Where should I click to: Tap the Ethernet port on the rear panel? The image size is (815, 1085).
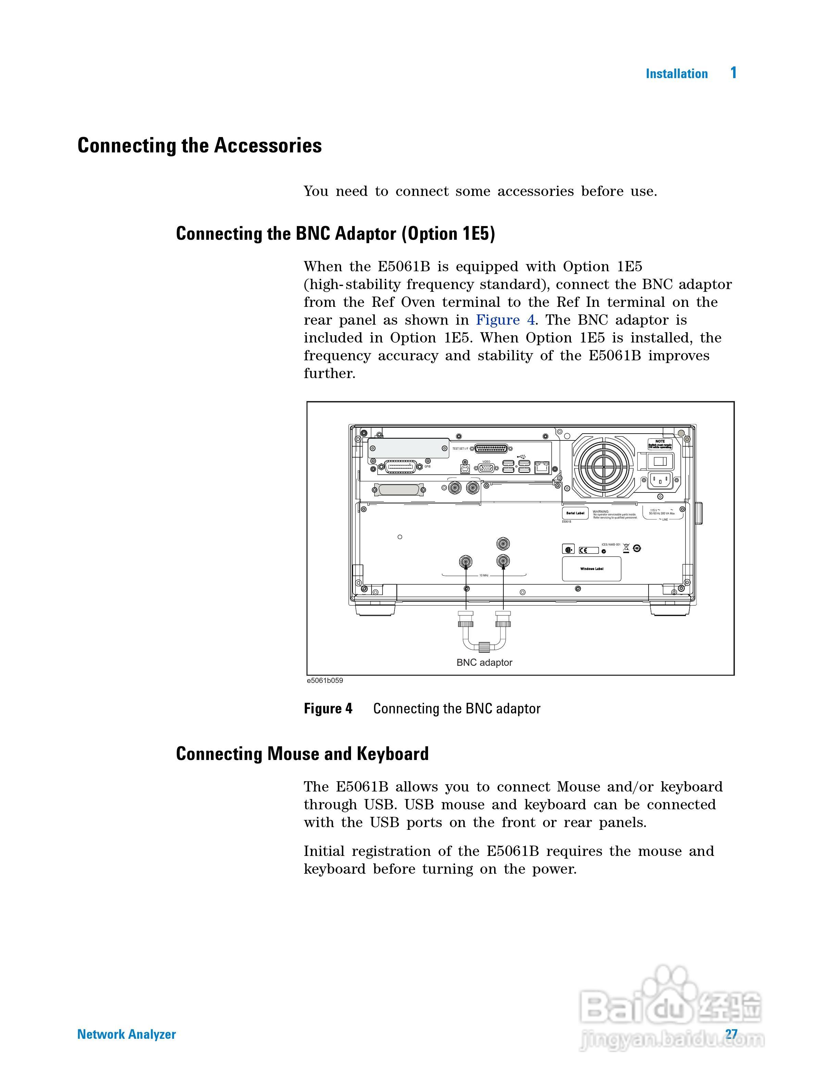541,466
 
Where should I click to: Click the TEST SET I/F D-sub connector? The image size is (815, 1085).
491,449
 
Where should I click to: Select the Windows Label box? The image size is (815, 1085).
591,569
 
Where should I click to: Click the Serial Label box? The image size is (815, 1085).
575,513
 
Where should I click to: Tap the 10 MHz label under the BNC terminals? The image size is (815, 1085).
484,575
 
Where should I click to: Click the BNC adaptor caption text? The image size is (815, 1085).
484,663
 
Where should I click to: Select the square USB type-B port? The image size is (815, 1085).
464,469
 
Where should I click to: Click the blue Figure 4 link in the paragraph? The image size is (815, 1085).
505,320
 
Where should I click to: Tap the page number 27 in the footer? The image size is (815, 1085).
731,1034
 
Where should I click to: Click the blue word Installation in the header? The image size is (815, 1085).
676,74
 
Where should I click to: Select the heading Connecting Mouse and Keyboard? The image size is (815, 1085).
302,753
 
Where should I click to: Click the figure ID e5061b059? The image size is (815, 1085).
325,681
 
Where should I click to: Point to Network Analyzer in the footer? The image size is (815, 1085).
126,1034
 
